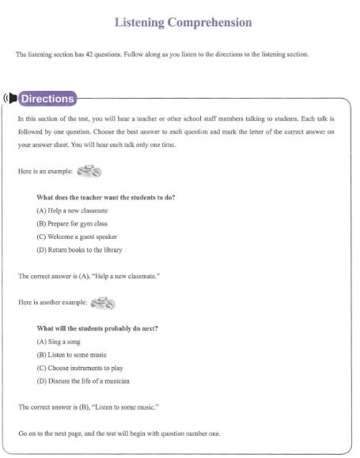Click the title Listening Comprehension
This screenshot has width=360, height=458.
click(x=183, y=22)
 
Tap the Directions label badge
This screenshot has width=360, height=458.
click(x=47, y=99)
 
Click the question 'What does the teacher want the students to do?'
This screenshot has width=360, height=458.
click(x=105, y=198)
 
